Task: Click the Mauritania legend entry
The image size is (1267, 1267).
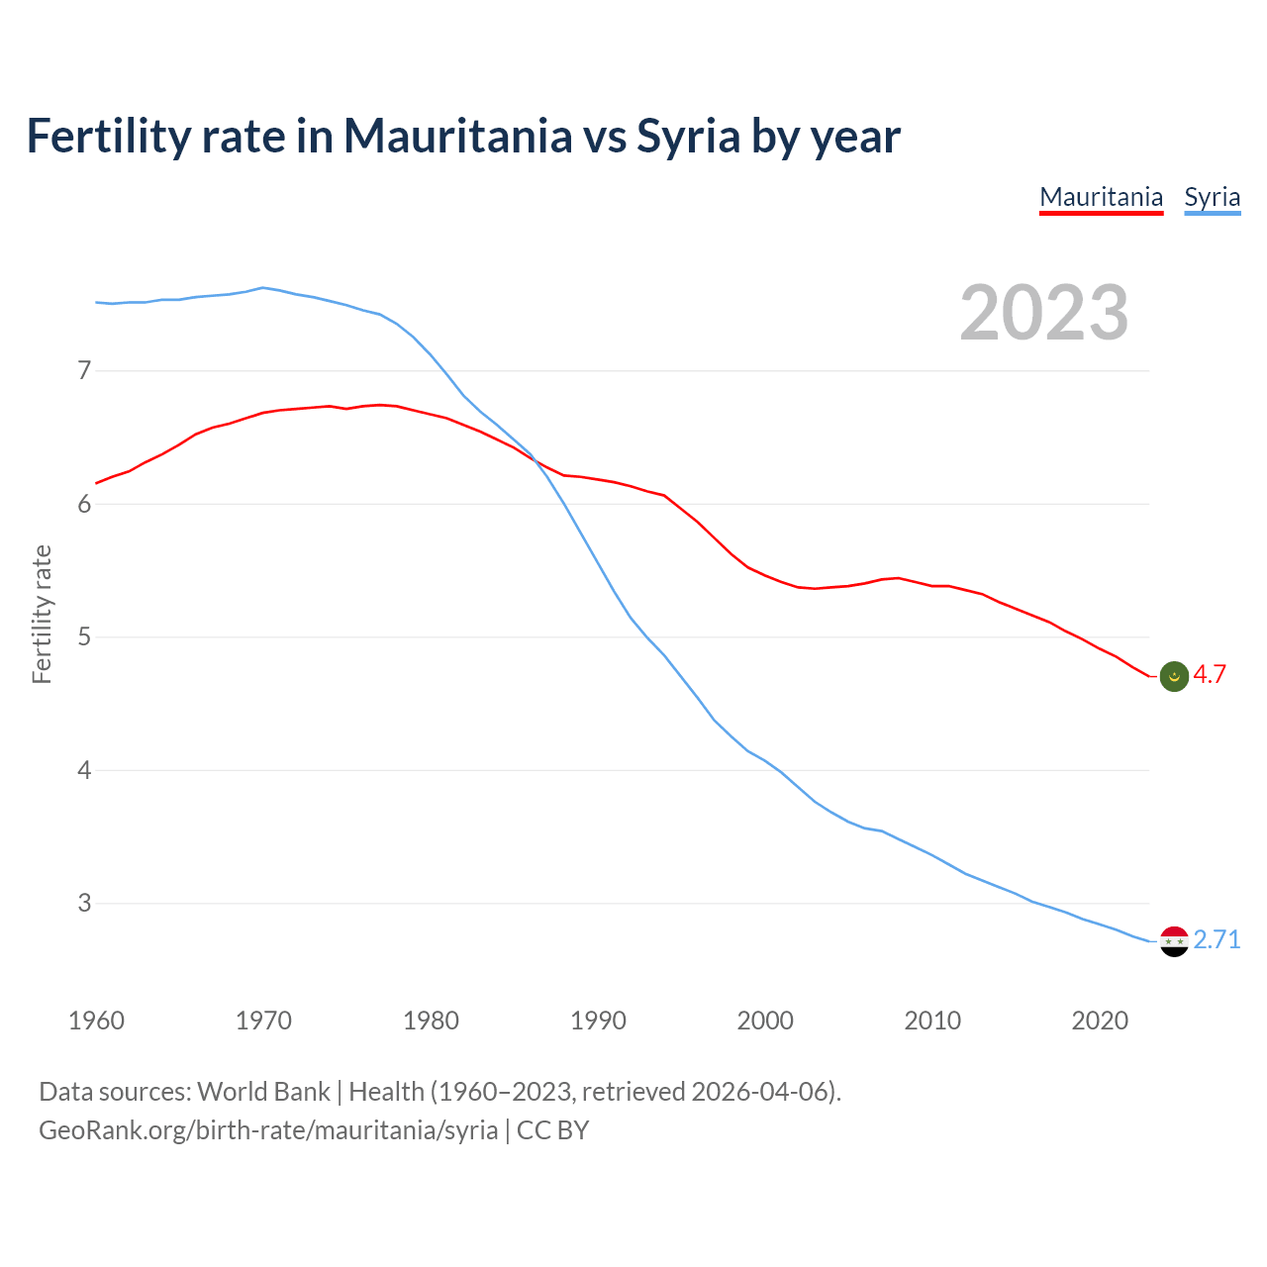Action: pos(1101,197)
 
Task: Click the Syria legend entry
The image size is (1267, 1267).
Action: pos(1212,197)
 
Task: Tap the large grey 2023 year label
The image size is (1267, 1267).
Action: pos(1044,313)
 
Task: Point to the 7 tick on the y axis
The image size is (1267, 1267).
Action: pos(84,371)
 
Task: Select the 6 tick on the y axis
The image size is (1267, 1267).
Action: pos(84,504)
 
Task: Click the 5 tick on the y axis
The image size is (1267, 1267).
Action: pos(84,636)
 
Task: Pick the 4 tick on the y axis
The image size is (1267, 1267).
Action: pos(84,770)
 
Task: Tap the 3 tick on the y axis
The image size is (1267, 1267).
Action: pos(84,903)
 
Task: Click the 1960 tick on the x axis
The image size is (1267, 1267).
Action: pos(96,1021)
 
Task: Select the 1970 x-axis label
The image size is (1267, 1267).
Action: pos(263,1021)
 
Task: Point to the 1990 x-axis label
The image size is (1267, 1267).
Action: pos(598,1021)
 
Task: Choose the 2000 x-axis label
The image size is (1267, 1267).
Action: pos(765,1021)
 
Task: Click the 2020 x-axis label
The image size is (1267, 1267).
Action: pos(1100,1021)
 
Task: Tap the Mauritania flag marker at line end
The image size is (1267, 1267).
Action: pos(1174,676)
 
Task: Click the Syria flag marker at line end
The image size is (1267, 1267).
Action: pos(1174,941)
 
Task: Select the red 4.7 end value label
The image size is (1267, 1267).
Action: pos(1210,675)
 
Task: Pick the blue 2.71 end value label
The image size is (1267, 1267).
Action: pos(1217,939)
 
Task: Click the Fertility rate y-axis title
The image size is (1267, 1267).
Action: pos(42,614)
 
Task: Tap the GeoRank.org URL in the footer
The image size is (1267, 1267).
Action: pos(268,1130)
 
